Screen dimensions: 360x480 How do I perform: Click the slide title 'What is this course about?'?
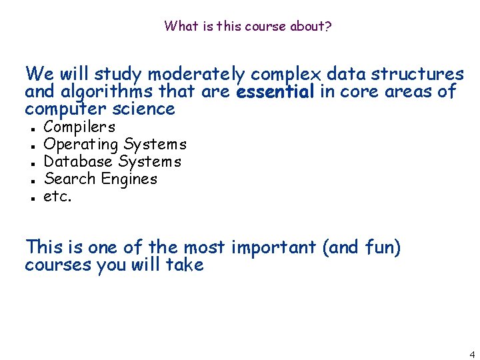click(248, 27)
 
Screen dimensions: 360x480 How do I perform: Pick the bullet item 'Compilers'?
click(79, 127)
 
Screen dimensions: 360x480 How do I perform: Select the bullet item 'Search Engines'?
click(100, 179)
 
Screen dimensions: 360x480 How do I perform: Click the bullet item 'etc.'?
click(57, 196)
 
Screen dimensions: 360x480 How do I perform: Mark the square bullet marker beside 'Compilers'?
click(31, 128)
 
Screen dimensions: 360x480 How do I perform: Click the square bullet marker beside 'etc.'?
click(31, 198)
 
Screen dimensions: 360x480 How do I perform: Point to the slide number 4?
click(471, 354)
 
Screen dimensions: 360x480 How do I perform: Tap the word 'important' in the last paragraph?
click(273, 247)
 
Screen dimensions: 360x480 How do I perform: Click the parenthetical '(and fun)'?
click(361, 247)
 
